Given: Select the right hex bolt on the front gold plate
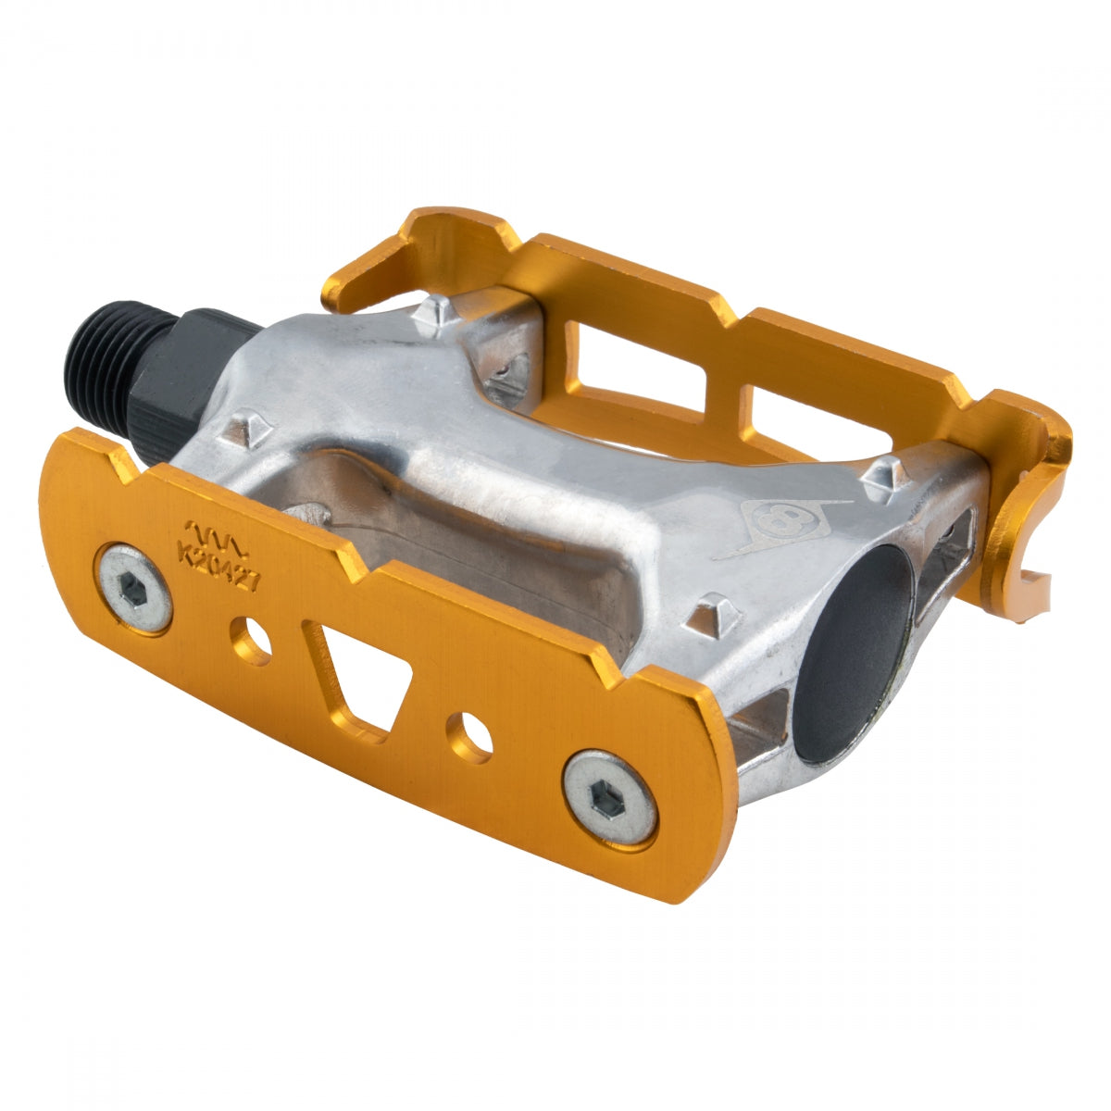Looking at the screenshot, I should [x=611, y=798].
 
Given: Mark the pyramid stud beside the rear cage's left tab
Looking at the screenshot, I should [x=436, y=316].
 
